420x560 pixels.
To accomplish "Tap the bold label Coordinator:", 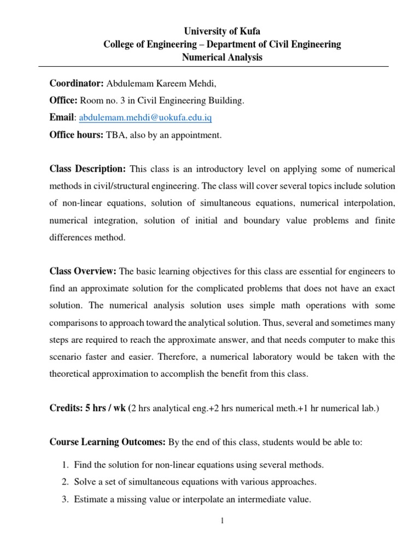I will pyautogui.click(x=77, y=83).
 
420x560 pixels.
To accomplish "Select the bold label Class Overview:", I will pyautogui.click(x=83, y=271).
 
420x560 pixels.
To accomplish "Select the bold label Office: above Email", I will pyautogui.click(x=63, y=100).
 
